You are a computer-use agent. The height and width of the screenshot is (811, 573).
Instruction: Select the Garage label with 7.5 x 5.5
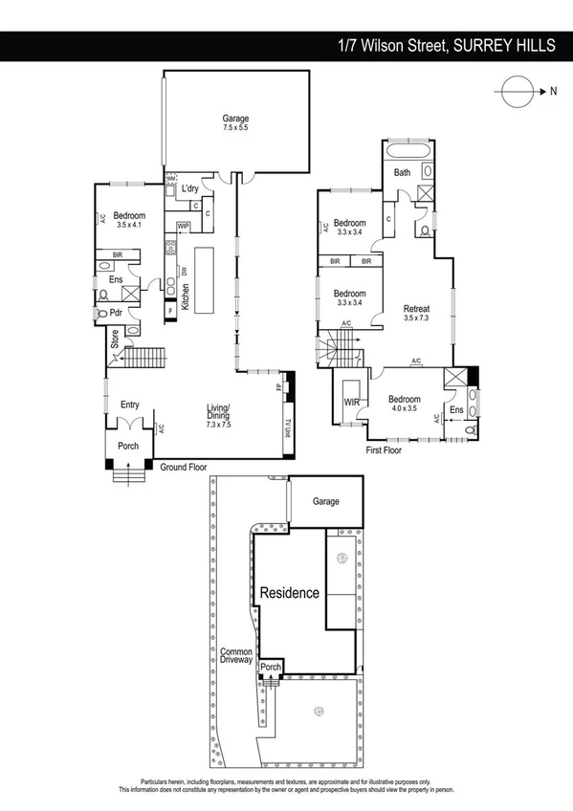tap(235, 122)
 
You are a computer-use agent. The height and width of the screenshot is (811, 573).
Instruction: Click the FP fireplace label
tap(278, 388)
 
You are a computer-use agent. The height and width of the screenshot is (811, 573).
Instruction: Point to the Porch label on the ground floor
tap(127, 445)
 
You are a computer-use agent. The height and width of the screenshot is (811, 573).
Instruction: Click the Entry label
tap(129, 405)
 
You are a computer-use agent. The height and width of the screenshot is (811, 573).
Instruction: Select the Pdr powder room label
tap(115, 312)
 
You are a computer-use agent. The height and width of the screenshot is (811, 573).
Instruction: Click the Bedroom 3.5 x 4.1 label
tap(127, 220)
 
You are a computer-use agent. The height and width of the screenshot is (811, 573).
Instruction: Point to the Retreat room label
tap(416, 312)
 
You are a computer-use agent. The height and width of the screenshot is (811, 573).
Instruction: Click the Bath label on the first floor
tap(402, 172)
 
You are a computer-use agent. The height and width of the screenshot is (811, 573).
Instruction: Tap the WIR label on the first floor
tap(351, 403)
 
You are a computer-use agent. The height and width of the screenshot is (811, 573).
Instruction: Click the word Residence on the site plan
tap(290, 593)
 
